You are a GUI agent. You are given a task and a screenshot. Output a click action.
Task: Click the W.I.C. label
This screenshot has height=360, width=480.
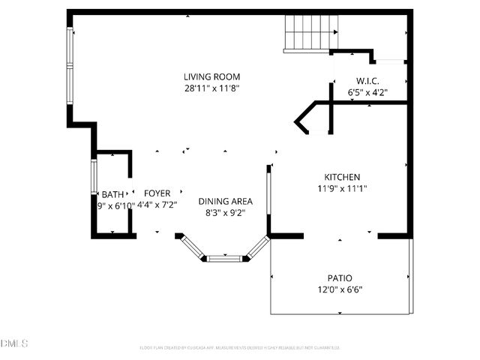(367, 81)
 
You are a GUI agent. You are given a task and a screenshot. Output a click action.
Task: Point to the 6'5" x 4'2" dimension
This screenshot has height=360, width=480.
(367, 93)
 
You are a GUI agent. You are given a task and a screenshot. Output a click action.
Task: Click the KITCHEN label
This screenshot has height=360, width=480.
(342, 177)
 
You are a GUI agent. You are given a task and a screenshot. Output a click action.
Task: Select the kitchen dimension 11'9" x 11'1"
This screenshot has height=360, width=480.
(342, 189)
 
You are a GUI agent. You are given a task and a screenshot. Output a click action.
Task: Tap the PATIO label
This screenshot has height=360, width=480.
(339, 277)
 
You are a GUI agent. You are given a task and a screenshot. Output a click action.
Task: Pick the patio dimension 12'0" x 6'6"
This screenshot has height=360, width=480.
(339, 289)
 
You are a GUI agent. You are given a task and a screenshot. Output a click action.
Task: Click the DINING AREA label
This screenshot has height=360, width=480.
(225, 201)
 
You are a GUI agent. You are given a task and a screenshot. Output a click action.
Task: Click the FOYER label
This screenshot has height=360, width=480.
(157, 193)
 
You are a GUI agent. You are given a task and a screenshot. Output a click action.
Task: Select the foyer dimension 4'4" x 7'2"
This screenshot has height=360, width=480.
(157, 205)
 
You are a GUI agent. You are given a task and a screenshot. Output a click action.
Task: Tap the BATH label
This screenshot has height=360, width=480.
(112, 193)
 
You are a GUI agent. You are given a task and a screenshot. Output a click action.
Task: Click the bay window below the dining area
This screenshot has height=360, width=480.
(226, 258)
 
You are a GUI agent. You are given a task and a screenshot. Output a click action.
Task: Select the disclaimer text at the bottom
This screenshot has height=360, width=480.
(240, 348)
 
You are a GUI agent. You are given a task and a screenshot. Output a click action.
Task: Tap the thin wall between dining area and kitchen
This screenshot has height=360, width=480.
(268, 199)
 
